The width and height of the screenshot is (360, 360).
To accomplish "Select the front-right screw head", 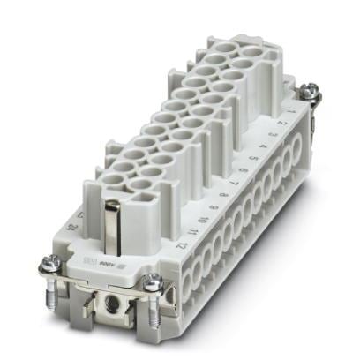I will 154,282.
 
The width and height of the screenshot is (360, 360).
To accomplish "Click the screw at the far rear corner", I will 310,89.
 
